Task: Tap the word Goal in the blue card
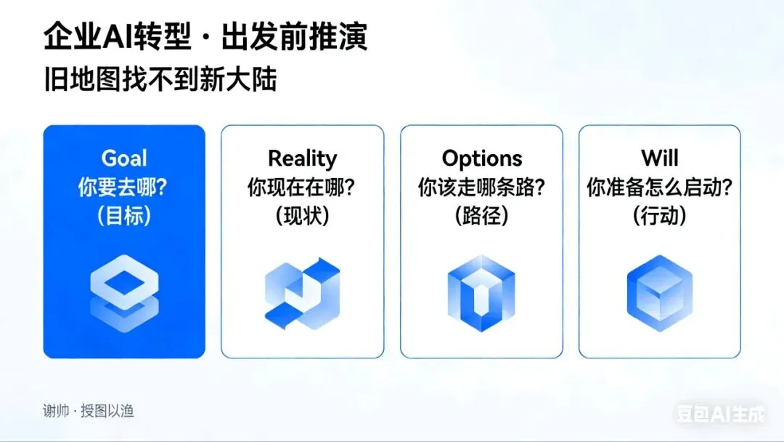click(124, 158)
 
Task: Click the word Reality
click(302, 158)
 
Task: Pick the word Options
click(481, 158)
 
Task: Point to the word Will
click(659, 158)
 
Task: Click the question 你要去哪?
click(124, 187)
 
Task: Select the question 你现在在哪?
click(302, 187)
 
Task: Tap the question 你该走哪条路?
click(481, 187)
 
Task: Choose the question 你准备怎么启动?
click(659, 187)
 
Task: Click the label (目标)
click(124, 216)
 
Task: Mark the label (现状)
click(302, 216)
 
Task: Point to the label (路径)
click(481, 216)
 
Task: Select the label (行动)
click(659, 216)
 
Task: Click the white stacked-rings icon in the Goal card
click(124, 289)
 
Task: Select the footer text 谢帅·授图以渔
click(88, 411)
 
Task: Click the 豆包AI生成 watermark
click(720, 414)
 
